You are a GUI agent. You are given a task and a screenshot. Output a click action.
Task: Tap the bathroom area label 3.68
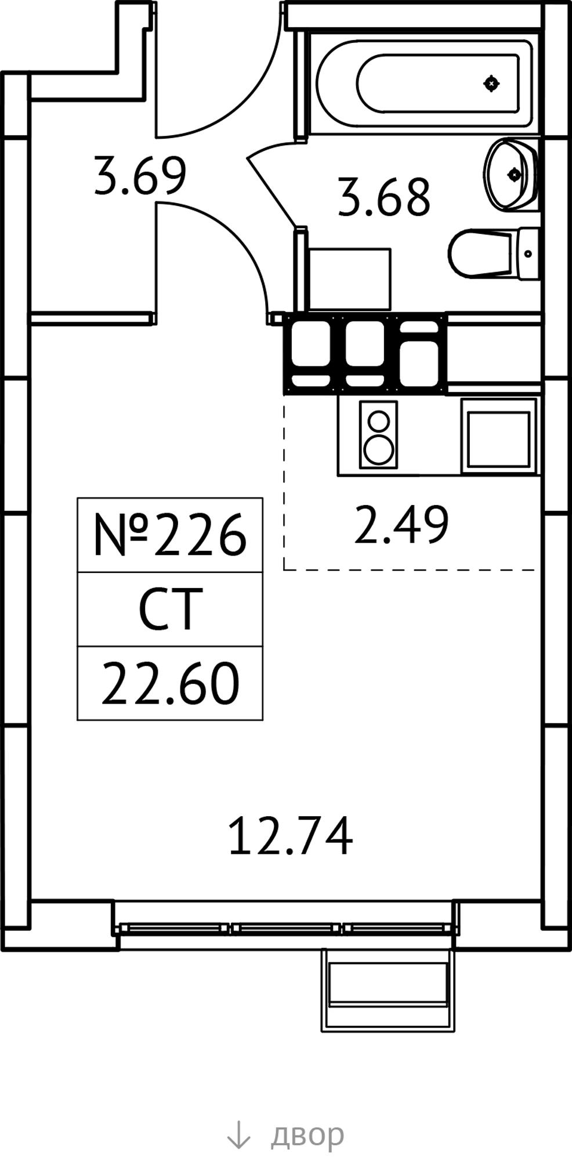pos(384,197)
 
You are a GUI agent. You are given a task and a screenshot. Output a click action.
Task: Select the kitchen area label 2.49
pos(401,524)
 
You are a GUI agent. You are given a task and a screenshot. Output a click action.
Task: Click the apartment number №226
pos(170,535)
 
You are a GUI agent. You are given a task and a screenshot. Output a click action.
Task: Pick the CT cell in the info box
pos(170,608)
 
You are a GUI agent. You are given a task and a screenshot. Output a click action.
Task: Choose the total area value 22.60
pos(170,684)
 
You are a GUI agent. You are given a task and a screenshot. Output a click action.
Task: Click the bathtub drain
pos(491,84)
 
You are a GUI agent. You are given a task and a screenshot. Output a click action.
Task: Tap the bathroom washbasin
pos(511,173)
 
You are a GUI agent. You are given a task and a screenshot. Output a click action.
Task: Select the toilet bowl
pos(484,254)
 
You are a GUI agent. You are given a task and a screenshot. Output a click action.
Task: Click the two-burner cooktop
pos(379,434)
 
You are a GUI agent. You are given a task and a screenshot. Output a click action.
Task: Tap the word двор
pos(307,1134)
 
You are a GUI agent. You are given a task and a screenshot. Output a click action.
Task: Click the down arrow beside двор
pos(238,1134)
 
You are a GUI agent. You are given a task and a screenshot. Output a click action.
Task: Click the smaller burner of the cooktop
pos(379,420)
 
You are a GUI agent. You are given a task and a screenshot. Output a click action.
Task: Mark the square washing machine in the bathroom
pos(350,279)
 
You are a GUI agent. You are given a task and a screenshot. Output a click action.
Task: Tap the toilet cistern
pos(529,254)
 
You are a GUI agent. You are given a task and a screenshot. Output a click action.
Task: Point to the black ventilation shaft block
pos(365,354)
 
